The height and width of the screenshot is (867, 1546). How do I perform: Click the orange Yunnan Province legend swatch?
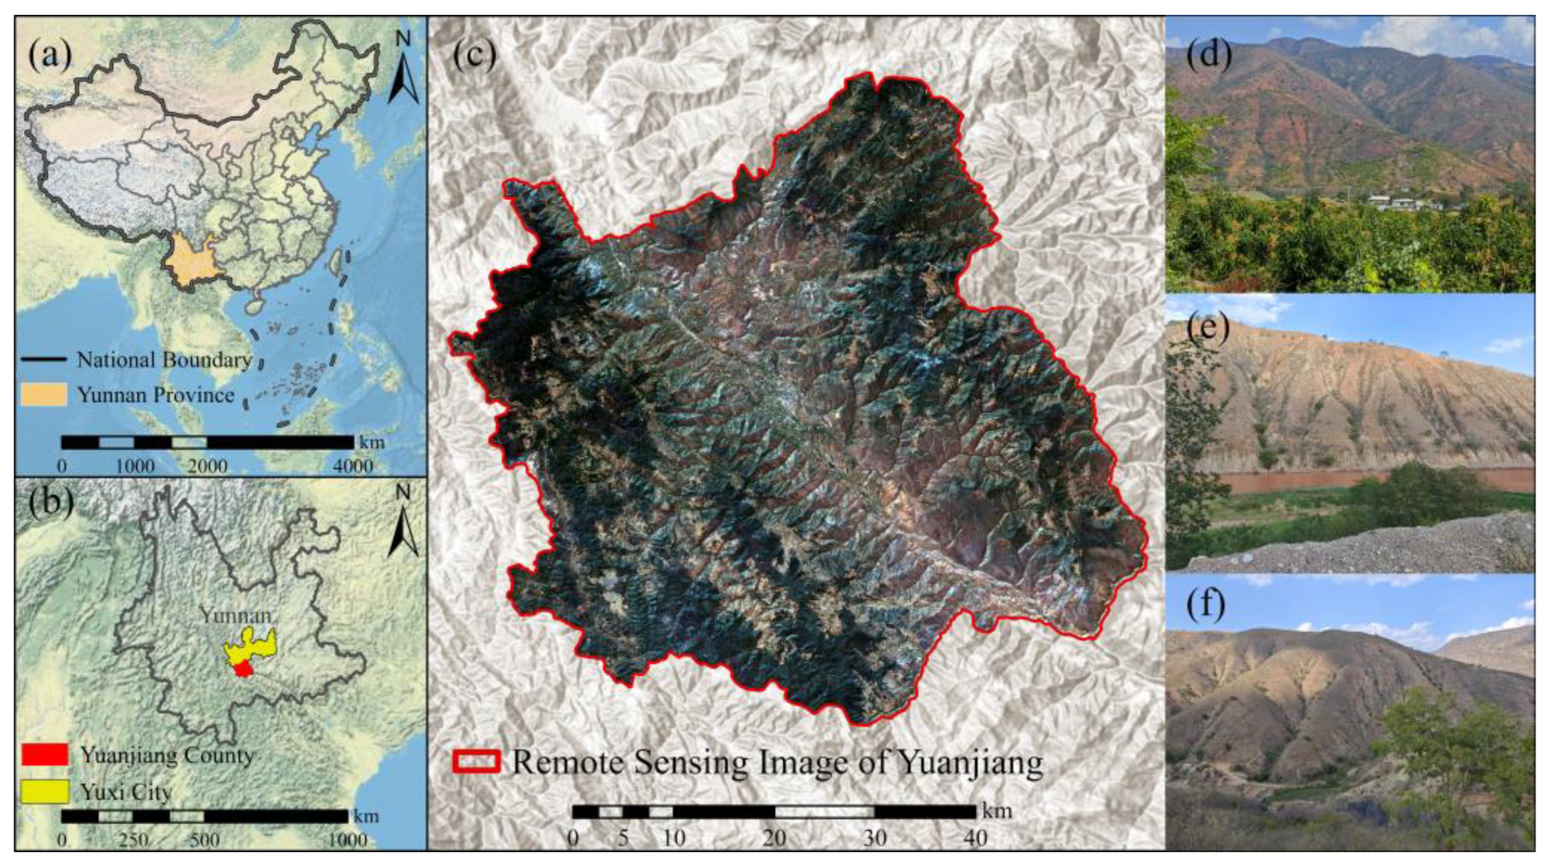(x=43, y=394)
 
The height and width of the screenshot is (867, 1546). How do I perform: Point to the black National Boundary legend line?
(x=43, y=359)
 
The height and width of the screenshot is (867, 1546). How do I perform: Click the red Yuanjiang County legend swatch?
(x=44, y=754)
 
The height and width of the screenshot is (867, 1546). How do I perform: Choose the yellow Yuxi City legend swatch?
(x=44, y=791)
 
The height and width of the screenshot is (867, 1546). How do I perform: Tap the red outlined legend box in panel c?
(x=476, y=762)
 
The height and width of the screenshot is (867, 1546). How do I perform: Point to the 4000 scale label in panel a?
(x=352, y=466)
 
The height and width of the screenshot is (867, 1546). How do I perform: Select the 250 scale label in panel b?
(x=133, y=840)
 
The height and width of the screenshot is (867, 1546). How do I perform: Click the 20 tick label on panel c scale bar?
(x=774, y=838)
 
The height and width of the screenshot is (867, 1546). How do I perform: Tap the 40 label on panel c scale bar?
(x=976, y=838)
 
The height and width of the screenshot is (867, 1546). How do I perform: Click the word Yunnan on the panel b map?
(x=235, y=616)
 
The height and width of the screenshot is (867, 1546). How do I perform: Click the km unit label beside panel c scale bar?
(x=997, y=810)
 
